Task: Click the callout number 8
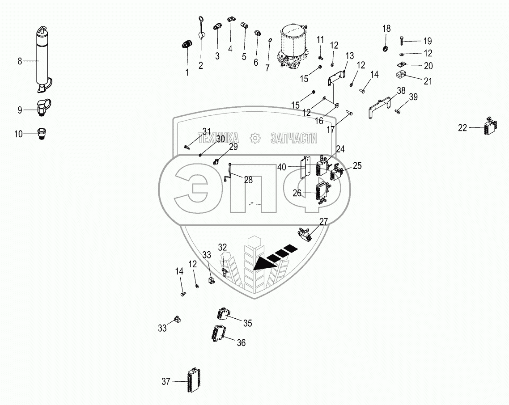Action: point(20,61)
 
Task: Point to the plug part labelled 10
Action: point(43,133)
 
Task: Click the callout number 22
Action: point(462,128)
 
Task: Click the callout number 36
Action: point(241,343)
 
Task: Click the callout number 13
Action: point(349,56)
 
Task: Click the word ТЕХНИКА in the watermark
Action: point(218,139)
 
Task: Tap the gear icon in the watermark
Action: point(254,139)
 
